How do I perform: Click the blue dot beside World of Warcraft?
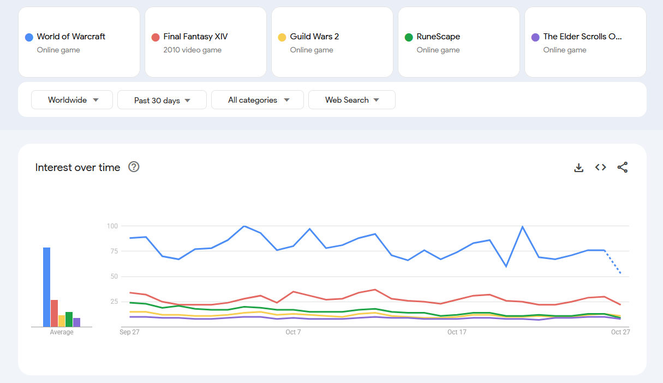[x=29, y=37]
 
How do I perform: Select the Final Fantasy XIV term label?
[x=195, y=37]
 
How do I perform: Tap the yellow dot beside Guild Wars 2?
[x=282, y=37]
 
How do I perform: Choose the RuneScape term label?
[x=438, y=37]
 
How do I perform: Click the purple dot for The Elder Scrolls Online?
[x=535, y=37]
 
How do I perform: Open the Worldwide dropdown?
[x=72, y=100]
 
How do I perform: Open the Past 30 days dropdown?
[x=162, y=100]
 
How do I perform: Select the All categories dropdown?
[x=258, y=100]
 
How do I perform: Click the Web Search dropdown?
[x=352, y=100]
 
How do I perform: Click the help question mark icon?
[x=134, y=167]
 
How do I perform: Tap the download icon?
[x=579, y=168]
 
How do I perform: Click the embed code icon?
[x=601, y=168]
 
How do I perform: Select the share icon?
[x=623, y=168]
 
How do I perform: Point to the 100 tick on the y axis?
[x=112, y=226]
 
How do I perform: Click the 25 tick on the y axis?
[x=114, y=302]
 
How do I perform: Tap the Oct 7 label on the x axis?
[x=293, y=332]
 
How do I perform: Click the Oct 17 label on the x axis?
[x=457, y=332]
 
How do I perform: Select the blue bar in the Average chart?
[x=47, y=287]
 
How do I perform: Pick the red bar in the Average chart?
[x=54, y=313]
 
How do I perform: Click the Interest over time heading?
[x=77, y=168]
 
